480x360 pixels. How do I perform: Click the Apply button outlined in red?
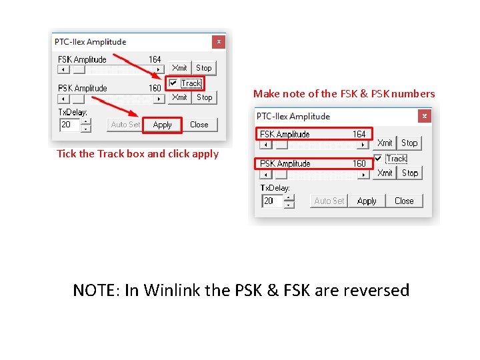(x=163, y=125)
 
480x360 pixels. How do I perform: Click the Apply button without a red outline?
(x=367, y=201)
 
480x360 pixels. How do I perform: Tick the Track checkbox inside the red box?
(x=173, y=83)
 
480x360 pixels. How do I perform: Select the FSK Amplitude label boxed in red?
(x=285, y=134)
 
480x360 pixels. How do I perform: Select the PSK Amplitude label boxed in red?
(x=285, y=163)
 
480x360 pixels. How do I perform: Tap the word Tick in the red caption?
(x=66, y=154)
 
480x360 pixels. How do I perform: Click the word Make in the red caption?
(x=266, y=94)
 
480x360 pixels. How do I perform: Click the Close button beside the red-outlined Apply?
(x=199, y=125)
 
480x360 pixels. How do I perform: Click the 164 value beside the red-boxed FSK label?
(x=359, y=134)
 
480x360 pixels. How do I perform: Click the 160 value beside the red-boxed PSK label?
(x=359, y=163)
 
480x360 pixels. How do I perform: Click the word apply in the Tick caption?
(x=205, y=155)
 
